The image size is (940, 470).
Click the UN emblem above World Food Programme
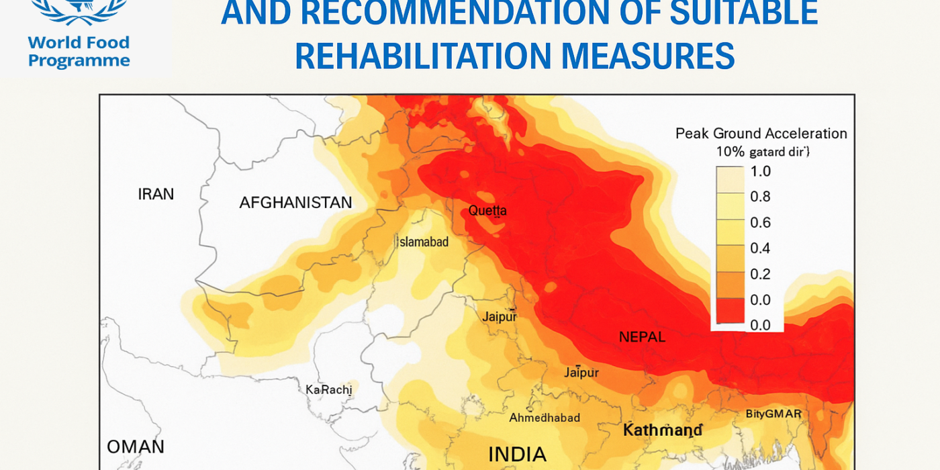(x=79, y=10)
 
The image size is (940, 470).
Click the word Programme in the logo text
(x=79, y=61)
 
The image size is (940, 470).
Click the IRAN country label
(x=156, y=195)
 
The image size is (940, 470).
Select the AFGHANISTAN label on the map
(x=295, y=203)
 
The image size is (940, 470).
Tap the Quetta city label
(x=487, y=211)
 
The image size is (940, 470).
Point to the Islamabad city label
(x=424, y=242)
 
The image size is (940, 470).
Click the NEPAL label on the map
(x=642, y=337)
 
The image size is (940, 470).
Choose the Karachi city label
(x=328, y=389)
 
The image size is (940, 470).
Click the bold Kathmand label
(x=662, y=430)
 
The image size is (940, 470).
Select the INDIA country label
(x=517, y=455)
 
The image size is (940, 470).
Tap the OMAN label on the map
(x=136, y=446)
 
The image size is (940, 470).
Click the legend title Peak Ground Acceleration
(x=761, y=134)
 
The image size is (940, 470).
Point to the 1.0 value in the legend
(x=760, y=171)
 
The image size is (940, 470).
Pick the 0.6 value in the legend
(x=760, y=223)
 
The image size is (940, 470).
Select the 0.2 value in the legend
(x=760, y=274)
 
